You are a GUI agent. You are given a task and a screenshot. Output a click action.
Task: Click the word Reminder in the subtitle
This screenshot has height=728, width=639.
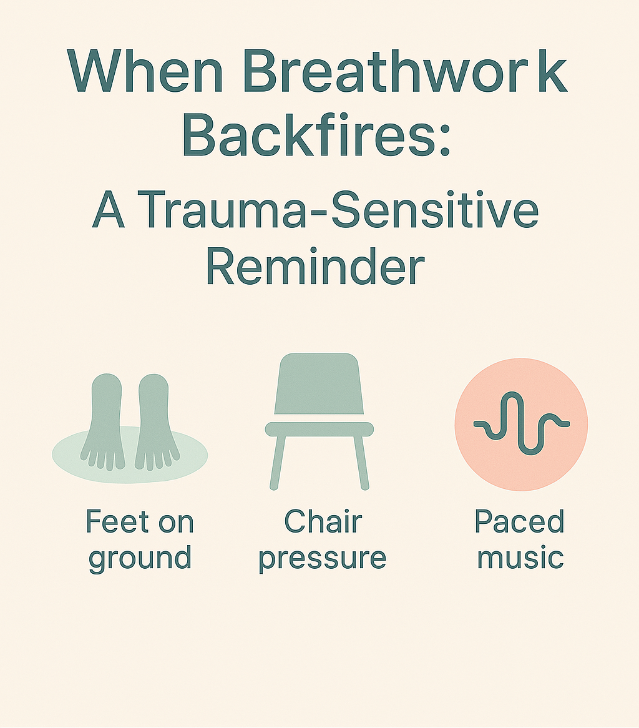click(x=315, y=267)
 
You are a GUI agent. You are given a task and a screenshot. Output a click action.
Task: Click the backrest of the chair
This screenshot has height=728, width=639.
click(x=318, y=384)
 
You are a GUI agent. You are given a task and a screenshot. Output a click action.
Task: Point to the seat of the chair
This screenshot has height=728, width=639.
click(x=319, y=429)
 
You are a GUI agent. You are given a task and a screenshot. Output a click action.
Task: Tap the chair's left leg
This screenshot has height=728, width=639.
click(x=278, y=462)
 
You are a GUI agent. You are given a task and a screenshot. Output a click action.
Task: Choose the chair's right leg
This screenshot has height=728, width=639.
click(x=360, y=462)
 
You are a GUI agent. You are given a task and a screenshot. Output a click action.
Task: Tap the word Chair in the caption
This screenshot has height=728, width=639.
click(x=323, y=522)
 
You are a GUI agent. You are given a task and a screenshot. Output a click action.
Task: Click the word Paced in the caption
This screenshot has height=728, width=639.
click(x=519, y=522)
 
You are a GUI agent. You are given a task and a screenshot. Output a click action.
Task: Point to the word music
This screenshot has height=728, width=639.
click(x=520, y=557)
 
